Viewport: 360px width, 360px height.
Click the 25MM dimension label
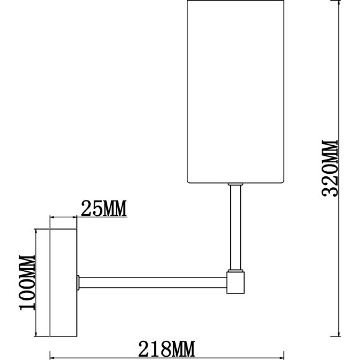(104, 208)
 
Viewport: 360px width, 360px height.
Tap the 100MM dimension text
(27, 282)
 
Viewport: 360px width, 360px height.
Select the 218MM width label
(167, 349)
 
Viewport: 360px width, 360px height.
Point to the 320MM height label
(330, 168)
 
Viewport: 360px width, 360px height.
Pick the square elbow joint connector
(236, 282)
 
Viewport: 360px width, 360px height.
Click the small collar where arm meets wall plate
(78, 282)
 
